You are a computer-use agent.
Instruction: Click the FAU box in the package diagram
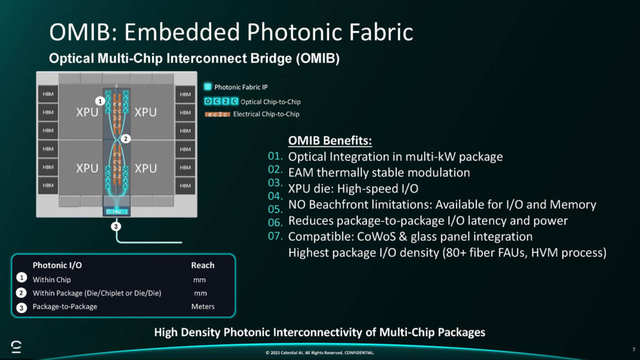116,211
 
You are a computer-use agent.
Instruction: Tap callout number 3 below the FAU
116,226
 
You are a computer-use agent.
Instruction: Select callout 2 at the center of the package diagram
125,138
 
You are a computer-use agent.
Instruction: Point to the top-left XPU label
87,112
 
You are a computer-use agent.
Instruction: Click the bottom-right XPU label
146,168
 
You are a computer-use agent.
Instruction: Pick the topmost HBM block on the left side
47,94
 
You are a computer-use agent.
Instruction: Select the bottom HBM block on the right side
185,186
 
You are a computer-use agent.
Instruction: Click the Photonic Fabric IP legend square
207,87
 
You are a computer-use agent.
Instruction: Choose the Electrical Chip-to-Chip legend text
266,114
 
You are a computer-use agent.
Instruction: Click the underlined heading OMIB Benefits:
330,141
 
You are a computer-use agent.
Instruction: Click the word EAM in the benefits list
302,173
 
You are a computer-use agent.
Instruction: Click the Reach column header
203,265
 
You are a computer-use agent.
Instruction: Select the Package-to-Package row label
65,306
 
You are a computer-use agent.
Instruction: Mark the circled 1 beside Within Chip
21,278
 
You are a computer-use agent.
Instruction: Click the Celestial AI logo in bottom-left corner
16,346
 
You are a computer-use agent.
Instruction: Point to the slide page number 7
633,349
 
